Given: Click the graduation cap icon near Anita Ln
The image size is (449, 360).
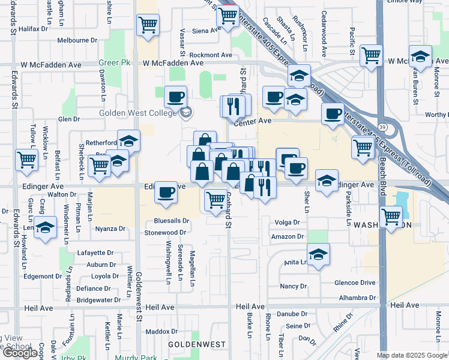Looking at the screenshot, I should [318, 253].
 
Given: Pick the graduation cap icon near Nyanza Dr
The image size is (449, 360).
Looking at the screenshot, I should [45, 228].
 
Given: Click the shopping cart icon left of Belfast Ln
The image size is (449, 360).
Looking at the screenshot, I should [26, 160].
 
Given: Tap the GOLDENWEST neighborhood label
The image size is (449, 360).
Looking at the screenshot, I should [196, 344].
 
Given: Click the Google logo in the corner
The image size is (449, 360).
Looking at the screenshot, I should [21, 352].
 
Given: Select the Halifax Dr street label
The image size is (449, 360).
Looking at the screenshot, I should [33, 28].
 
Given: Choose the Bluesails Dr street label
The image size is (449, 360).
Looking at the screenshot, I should [172, 221].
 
